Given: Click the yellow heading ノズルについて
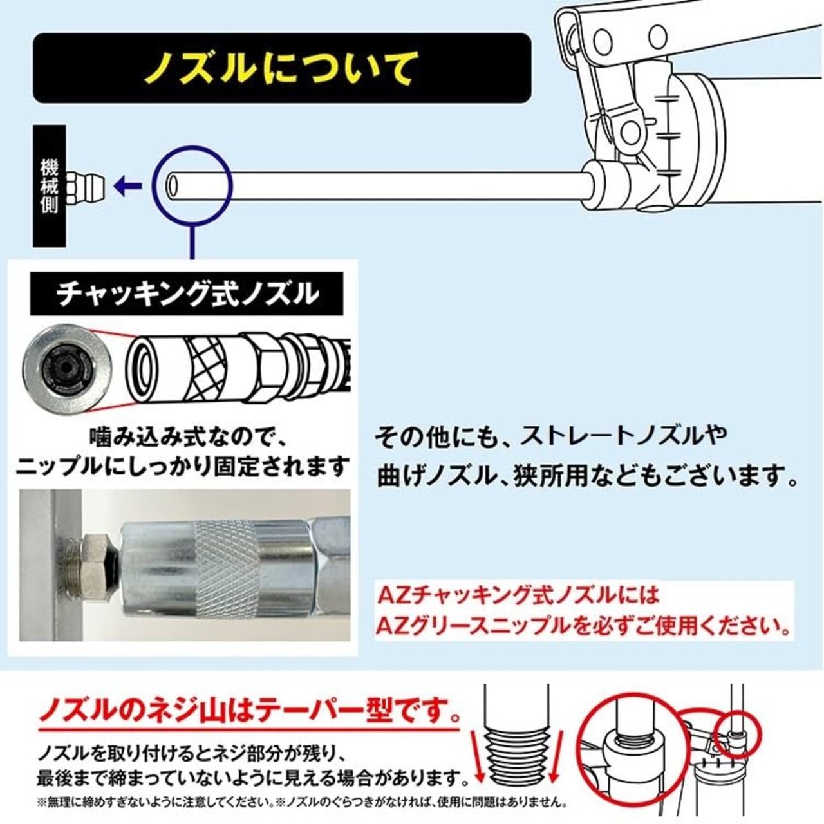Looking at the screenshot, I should pyautogui.click(x=281, y=68).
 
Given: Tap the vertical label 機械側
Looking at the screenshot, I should pyautogui.click(x=50, y=187).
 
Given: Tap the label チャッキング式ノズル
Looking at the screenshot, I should pyautogui.click(x=187, y=294).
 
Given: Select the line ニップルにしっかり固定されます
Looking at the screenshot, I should pyautogui.click(x=183, y=466).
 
